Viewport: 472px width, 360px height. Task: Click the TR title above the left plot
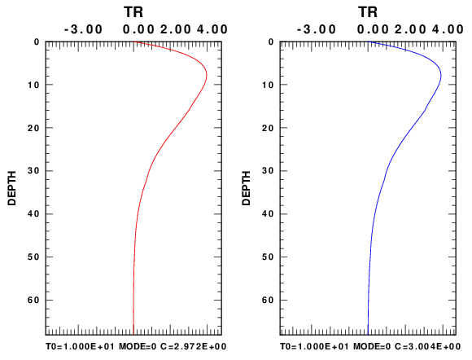133,12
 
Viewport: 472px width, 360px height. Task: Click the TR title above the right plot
368,12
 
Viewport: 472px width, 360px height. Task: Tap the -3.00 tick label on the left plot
83,29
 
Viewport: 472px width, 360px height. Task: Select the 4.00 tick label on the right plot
448,29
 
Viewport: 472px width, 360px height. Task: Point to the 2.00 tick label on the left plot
176,29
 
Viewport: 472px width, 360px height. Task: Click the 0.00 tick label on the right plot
373,29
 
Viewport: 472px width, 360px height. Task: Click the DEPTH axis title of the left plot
11,188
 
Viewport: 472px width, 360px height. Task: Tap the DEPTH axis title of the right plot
246,188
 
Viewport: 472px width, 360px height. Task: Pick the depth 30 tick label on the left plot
33,171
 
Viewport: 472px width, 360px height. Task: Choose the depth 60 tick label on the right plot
268,301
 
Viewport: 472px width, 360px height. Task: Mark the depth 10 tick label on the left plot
33,85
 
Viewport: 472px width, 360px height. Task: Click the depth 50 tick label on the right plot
268,257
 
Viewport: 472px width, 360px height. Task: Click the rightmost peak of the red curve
207,75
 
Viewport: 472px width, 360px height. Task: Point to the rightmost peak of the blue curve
441,75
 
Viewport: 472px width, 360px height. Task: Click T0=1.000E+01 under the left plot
80,347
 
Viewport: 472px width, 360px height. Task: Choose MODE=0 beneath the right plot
372,347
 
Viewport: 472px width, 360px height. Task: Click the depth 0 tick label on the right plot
271,42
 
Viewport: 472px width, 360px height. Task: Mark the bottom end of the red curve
133,335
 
